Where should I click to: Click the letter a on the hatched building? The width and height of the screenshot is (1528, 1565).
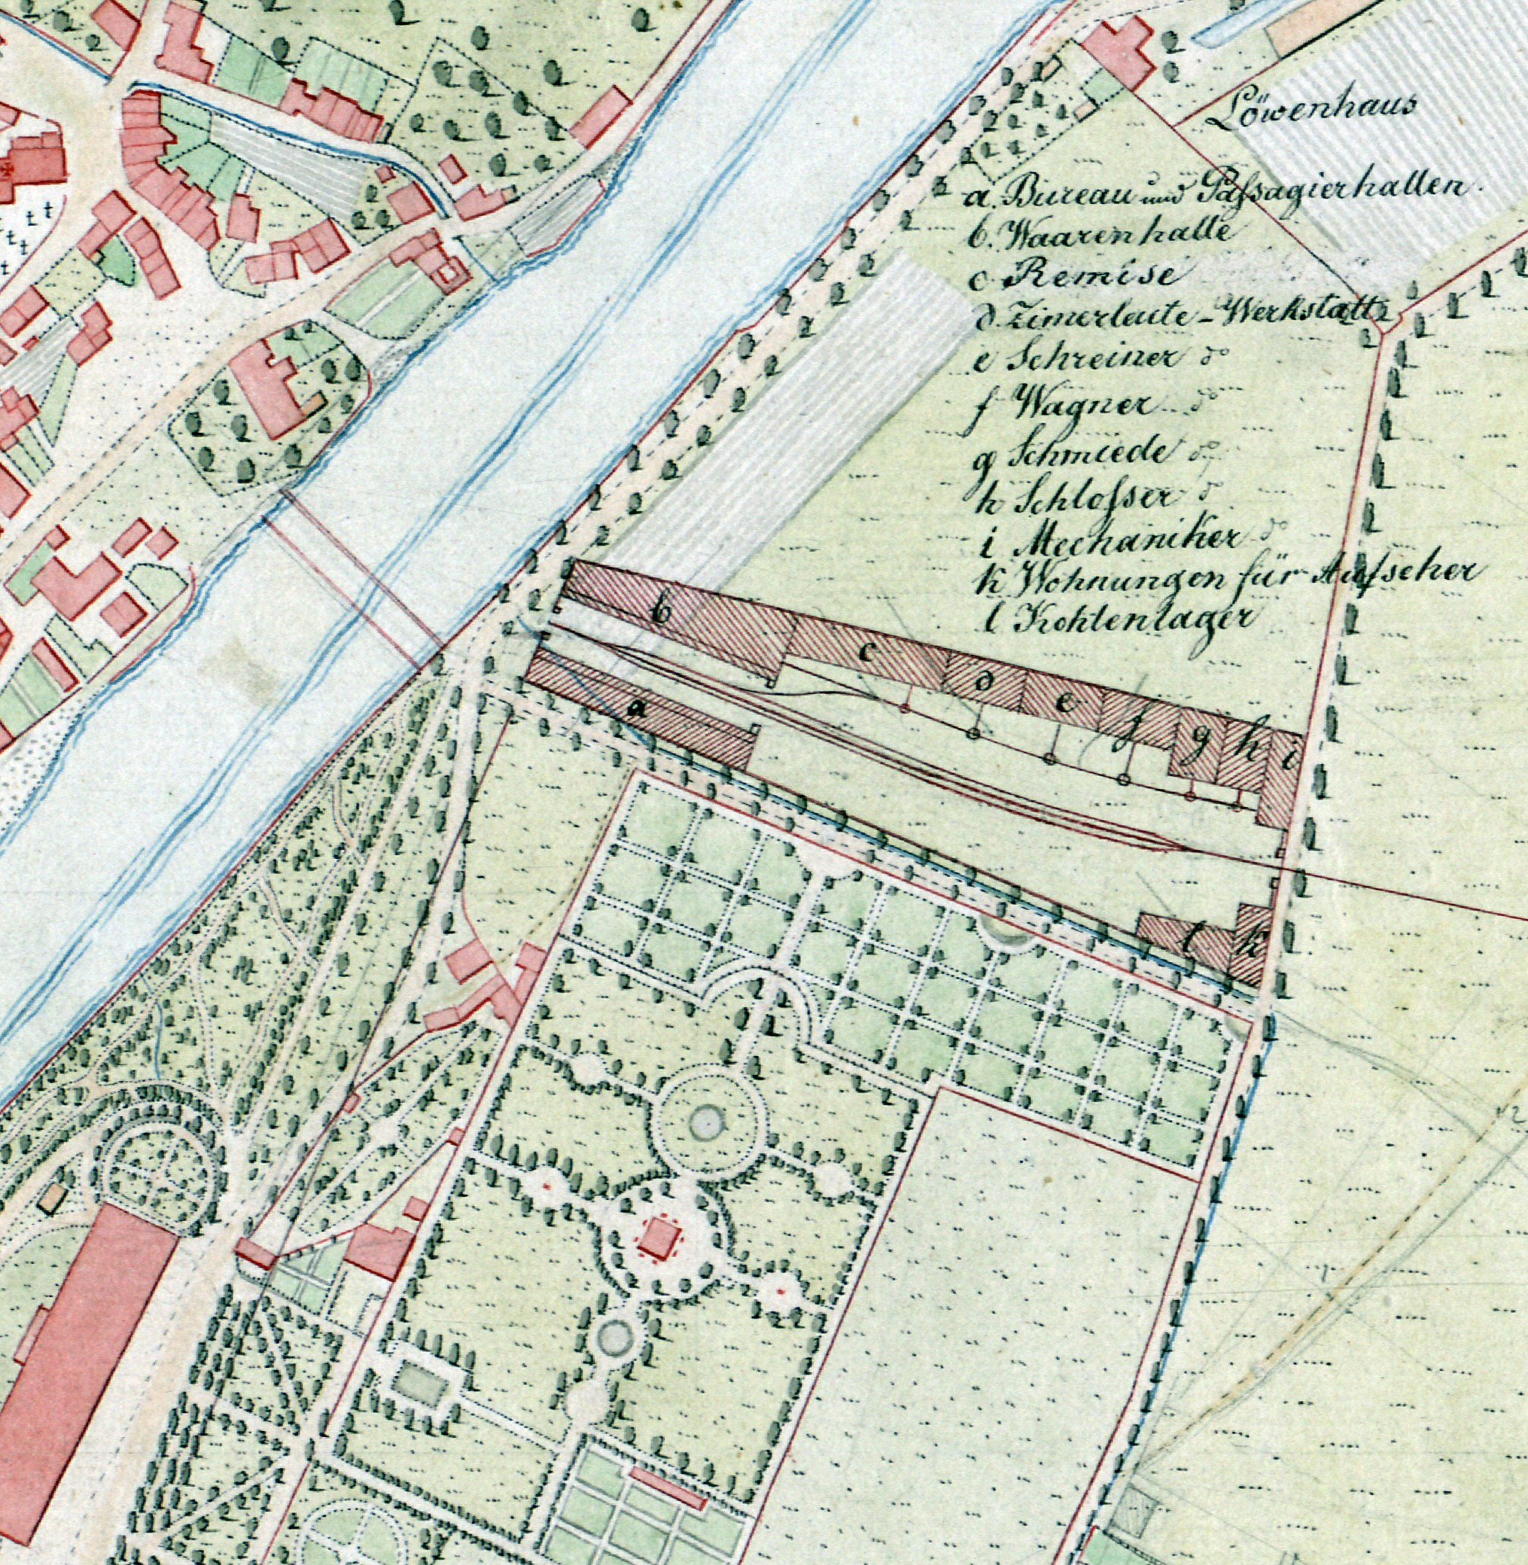pos(638,708)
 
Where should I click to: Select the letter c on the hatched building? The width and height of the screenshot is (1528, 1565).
pos(868,653)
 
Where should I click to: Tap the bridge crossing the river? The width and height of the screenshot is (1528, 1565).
pos(353,582)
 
